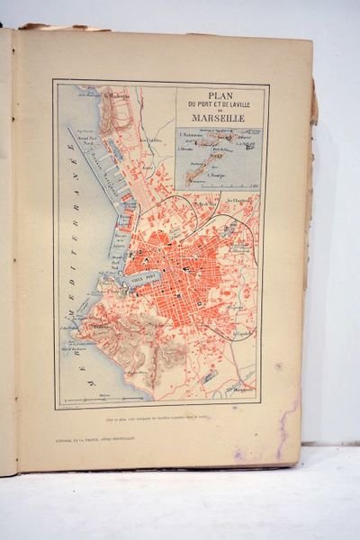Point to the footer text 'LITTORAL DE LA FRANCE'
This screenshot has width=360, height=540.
pyautogui.click(x=90, y=437)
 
